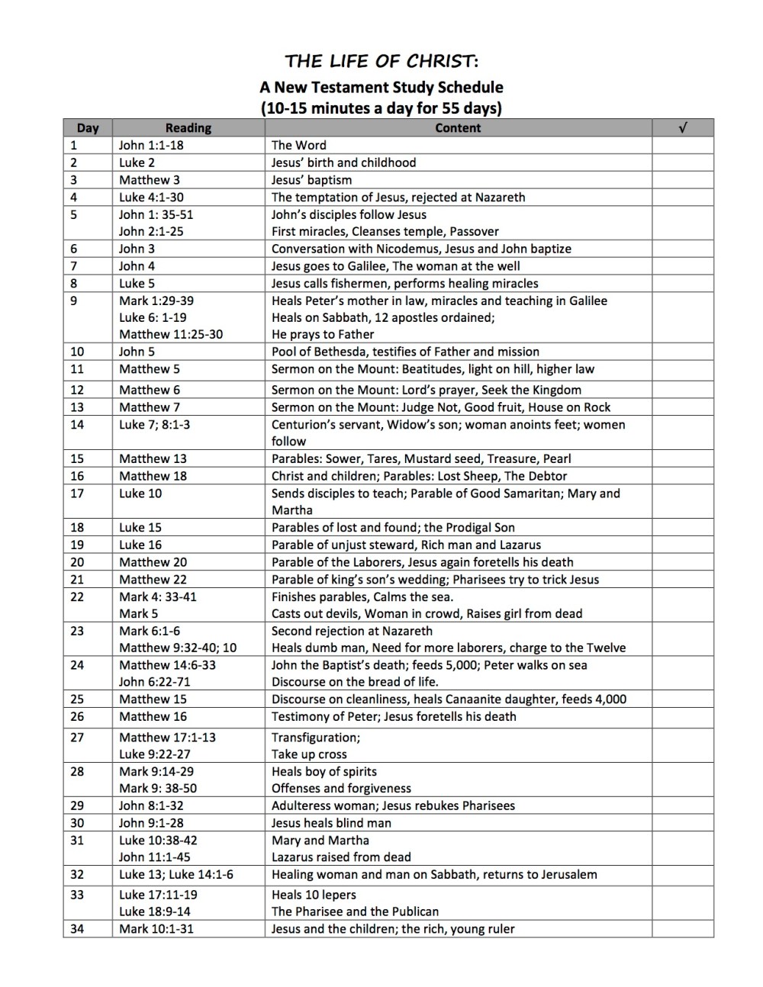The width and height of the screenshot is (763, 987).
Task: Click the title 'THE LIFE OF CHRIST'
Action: (x=381, y=61)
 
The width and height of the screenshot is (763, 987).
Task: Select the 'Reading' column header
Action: (x=188, y=128)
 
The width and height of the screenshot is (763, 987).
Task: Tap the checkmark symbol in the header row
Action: (x=682, y=128)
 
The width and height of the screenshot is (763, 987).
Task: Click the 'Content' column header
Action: (x=458, y=128)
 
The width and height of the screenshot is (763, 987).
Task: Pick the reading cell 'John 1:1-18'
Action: (x=151, y=145)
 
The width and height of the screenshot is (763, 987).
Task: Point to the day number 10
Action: (x=77, y=352)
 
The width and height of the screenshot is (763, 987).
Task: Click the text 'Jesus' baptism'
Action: (x=311, y=180)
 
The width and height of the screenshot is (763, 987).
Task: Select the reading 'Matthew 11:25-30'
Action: (x=171, y=334)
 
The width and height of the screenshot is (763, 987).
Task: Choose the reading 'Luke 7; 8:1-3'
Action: (x=155, y=424)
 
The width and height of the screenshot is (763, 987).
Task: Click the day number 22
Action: (x=77, y=596)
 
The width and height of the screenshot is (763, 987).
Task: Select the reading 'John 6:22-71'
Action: (x=155, y=682)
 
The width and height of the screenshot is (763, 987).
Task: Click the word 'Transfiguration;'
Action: (x=316, y=738)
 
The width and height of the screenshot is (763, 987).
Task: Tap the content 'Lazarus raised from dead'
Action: (x=341, y=857)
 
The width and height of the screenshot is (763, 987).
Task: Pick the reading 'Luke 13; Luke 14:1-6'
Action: (x=176, y=874)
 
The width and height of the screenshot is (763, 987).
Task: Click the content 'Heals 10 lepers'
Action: (x=314, y=895)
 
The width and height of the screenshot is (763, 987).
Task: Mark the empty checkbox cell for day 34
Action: (x=682, y=929)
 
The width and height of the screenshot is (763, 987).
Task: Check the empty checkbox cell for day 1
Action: (x=682, y=145)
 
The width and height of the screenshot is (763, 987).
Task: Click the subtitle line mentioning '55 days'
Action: (x=381, y=108)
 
